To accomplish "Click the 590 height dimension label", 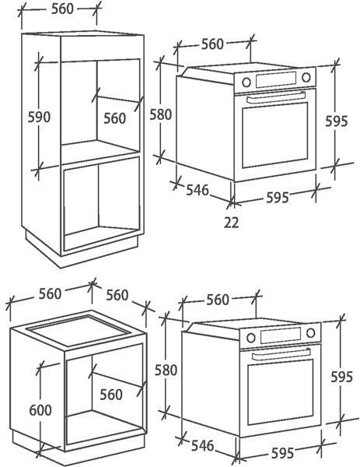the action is tap(39, 117).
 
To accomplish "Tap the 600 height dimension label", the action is tap(40, 410).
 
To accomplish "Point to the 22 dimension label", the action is tap(231, 222).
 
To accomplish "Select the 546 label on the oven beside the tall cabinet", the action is tap(197, 190).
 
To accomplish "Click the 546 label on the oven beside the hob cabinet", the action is tap(203, 445).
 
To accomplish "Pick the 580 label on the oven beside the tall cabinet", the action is tap(161, 114).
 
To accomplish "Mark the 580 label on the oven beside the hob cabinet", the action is tap(166, 370).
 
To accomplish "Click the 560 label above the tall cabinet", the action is tap(62, 9).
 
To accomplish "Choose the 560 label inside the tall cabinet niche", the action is tap(115, 118).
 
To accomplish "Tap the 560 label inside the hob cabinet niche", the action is tap(111, 395).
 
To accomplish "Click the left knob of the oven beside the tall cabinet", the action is tap(246, 83).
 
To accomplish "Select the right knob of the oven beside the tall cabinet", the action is tap(306, 77).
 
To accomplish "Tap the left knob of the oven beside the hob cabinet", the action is tap(251, 338).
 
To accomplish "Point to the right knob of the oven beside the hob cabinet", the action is tap(311, 332).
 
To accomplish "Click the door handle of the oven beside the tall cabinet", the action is tap(276, 97).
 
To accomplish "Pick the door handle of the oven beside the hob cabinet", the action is tap(281, 353).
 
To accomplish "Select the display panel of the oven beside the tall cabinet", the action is tap(276, 79).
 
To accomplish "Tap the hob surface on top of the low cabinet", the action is tap(79, 331).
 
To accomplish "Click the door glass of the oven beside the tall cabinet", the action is tap(275, 135).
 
